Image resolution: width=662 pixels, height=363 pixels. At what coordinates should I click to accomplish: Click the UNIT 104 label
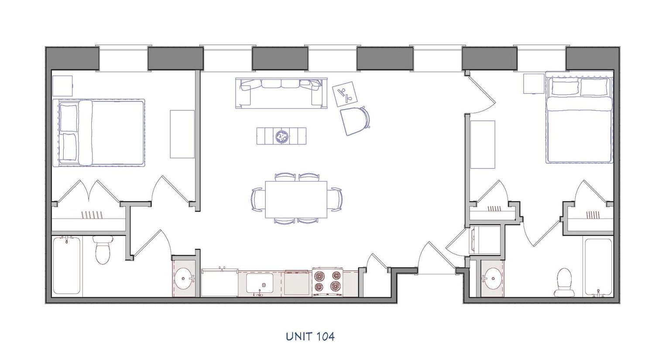[310, 336]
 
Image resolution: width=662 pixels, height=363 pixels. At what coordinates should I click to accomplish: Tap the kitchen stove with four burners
[327, 282]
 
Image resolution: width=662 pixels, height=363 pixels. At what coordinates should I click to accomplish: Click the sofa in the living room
[281, 92]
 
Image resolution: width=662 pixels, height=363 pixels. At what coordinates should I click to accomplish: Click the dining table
[296, 199]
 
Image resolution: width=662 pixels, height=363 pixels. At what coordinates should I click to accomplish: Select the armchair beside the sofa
[355, 120]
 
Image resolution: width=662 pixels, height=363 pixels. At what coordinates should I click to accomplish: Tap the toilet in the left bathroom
[103, 250]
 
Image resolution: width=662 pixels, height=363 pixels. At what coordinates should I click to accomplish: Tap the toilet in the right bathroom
[565, 282]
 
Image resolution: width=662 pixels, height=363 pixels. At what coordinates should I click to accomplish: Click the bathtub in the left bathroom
[67, 265]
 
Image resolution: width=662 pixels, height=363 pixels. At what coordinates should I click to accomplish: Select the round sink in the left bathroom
[185, 277]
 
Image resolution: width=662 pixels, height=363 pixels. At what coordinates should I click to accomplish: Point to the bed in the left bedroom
[99, 133]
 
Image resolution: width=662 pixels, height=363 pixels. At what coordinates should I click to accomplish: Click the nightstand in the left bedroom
[62, 86]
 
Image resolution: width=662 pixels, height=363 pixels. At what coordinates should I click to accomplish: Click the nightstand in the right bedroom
[534, 83]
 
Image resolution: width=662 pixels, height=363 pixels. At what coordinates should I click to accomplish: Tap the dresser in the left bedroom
[182, 134]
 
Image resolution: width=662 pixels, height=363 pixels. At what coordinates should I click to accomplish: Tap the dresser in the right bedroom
[484, 144]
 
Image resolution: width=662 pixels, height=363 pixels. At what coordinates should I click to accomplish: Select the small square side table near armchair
[345, 93]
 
